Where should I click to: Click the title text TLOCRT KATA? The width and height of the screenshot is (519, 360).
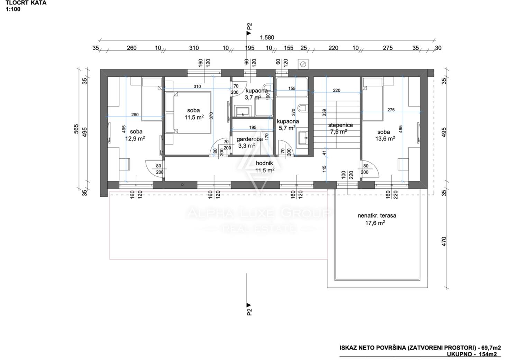coord(26,3)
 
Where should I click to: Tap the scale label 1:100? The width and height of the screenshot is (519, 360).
coord(13,9)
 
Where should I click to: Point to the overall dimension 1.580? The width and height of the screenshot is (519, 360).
coord(267,37)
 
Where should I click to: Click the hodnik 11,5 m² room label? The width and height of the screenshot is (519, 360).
coord(265,167)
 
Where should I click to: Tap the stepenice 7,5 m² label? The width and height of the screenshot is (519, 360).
coord(340,128)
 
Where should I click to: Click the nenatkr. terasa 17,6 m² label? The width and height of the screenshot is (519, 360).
coord(377,219)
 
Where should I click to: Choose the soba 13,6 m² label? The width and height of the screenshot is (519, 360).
coord(385,135)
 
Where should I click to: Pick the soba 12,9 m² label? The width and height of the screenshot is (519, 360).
coord(135,135)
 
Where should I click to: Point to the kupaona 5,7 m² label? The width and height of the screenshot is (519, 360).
coord(288,124)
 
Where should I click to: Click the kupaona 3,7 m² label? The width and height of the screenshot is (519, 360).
coord(256,94)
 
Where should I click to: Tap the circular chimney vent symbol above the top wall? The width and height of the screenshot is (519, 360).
coord(303,64)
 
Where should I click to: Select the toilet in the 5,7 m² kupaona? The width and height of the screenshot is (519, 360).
coord(302,108)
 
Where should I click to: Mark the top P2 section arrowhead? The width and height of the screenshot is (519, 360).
coord(249,33)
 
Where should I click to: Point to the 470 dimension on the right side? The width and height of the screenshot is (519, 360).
coord(444,241)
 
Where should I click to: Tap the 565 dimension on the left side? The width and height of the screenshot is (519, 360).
coord(76,129)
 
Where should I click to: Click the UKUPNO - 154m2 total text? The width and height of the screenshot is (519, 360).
coord(472,354)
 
